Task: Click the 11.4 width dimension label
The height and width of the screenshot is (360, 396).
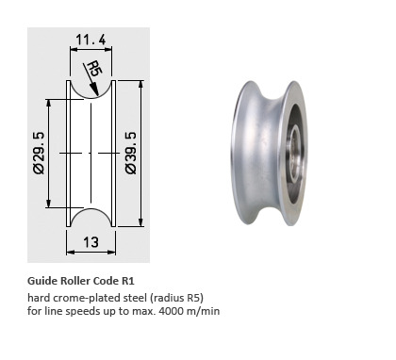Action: [91, 40]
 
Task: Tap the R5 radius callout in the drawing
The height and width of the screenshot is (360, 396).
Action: [94, 69]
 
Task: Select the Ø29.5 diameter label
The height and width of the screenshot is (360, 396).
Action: [40, 153]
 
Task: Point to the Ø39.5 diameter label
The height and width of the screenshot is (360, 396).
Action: [131, 153]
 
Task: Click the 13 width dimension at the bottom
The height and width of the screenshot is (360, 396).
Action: [91, 242]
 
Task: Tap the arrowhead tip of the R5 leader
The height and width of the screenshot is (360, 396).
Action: [98, 96]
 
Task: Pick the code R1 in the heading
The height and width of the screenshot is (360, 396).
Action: [128, 281]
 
